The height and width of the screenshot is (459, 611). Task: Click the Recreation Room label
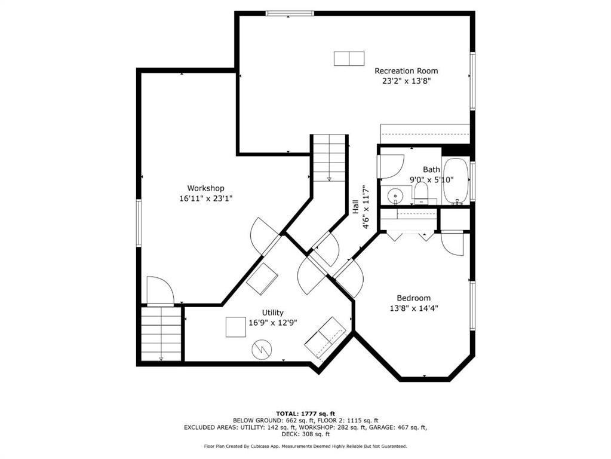click(406, 71)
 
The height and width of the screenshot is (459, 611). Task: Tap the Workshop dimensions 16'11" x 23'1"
click(205, 198)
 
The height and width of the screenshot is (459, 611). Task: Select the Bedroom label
click(413, 298)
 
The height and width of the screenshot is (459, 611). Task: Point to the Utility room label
click(273, 313)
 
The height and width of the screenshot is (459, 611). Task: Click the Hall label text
click(355, 207)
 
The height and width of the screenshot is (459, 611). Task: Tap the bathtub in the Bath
click(456, 180)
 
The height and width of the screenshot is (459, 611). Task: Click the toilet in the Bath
click(421, 193)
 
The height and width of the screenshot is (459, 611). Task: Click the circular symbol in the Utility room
click(262, 350)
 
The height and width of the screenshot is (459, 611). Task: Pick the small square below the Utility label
click(236, 327)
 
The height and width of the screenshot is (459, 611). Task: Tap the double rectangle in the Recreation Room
click(349, 59)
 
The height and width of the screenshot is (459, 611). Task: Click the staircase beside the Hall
click(329, 158)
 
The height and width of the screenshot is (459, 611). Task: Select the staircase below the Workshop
click(161, 334)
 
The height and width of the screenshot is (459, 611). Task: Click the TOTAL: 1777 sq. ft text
click(306, 414)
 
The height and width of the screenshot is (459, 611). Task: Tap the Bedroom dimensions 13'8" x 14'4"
click(414, 308)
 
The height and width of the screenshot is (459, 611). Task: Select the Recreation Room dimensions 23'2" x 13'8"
click(406, 81)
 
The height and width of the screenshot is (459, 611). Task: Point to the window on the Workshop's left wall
click(139, 223)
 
